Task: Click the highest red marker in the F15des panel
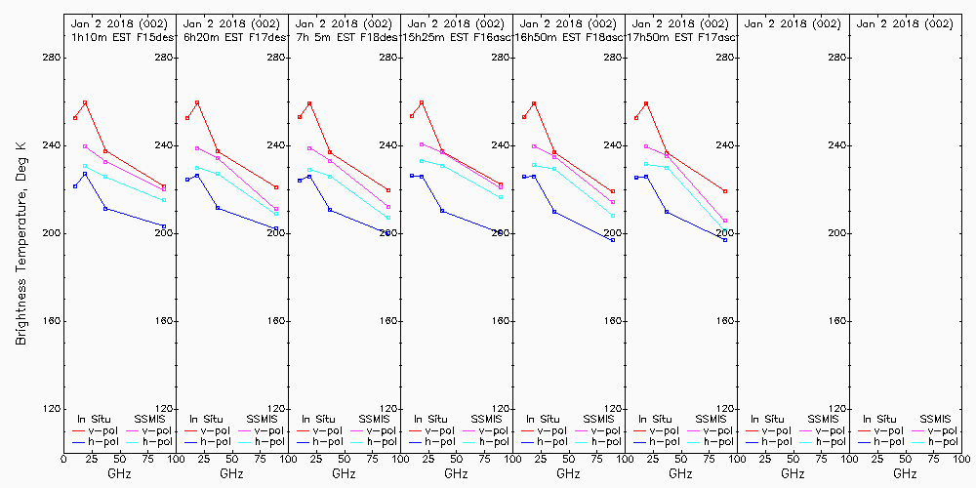(85, 102)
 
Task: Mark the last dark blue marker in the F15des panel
(164, 226)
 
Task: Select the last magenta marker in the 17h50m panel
(725, 221)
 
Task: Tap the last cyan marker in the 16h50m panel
(613, 216)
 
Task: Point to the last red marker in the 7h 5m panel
(388, 190)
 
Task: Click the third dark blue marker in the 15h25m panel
(442, 211)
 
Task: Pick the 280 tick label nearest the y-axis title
(51, 58)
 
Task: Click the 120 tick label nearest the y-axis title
(51, 409)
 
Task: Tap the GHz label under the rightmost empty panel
(905, 473)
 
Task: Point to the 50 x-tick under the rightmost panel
(905, 459)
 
